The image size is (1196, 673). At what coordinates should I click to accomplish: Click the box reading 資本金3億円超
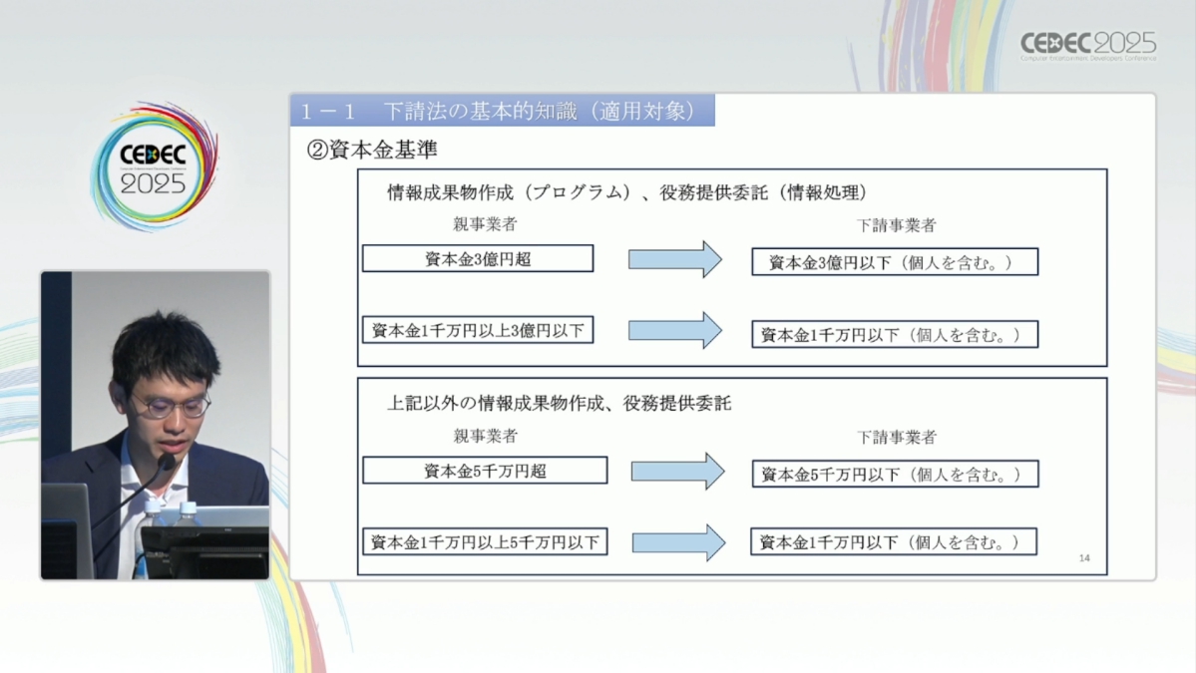click(x=478, y=258)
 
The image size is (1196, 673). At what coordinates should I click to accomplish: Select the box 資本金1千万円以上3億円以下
click(x=478, y=330)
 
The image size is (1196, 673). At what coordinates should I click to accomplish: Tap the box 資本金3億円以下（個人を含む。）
click(x=895, y=262)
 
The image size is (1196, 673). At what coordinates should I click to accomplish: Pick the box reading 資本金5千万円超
click(x=485, y=471)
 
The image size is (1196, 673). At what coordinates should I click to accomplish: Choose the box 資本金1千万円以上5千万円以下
click(x=485, y=542)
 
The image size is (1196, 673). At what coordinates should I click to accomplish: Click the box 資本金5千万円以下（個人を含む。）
click(x=895, y=474)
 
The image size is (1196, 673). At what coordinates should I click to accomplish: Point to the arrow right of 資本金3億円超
click(x=675, y=260)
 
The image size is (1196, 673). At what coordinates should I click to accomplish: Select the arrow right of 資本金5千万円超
click(x=678, y=472)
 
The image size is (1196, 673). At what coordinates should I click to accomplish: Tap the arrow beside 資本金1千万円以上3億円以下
click(x=675, y=330)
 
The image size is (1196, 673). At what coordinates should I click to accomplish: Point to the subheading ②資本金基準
click(x=371, y=150)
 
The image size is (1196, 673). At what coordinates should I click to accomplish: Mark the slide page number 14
click(x=1084, y=558)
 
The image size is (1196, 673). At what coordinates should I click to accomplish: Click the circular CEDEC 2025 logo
click(x=154, y=167)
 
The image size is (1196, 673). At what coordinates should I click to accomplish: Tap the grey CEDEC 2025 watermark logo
click(x=1088, y=46)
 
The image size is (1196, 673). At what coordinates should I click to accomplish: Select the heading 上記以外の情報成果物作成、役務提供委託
click(x=560, y=403)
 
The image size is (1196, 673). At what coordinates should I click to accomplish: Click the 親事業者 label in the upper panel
click(x=485, y=224)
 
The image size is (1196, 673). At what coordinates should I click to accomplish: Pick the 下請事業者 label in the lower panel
click(x=896, y=438)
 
